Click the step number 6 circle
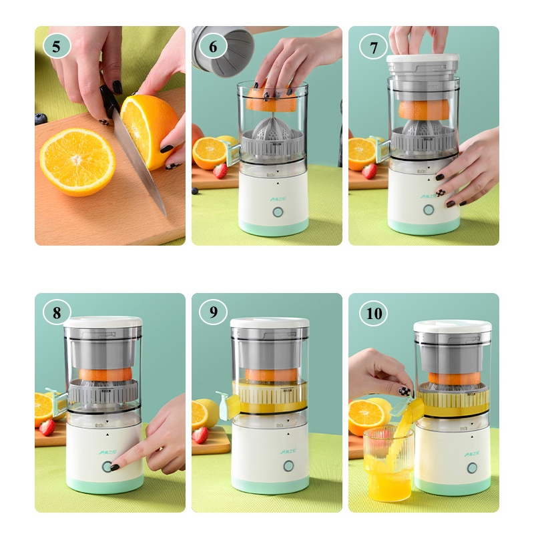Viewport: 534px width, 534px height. pyautogui.click(x=213, y=47)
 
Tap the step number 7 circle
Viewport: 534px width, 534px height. pyautogui.click(x=373, y=47)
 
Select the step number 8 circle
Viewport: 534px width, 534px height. pyautogui.click(x=57, y=312)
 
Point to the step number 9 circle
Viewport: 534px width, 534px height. pyautogui.click(x=213, y=312)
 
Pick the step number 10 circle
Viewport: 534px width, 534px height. pyautogui.click(x=374, y=313)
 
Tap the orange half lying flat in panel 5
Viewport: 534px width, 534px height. pyautogui.click(x=77, y=161)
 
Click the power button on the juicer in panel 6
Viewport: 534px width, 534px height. pyautogui.click(x=277, y=213)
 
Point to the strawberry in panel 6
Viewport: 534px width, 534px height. pyautogui.click(x=220, y=171)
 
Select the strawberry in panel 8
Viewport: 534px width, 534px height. pyautogui.click(x=47, y=427)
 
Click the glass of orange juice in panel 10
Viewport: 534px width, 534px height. pyautogui.click(x=390, y=467)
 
